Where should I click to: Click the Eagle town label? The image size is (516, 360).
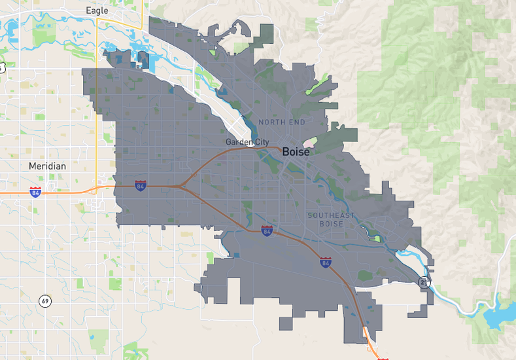pos(97,10)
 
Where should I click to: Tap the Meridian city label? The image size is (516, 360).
pos(47,166)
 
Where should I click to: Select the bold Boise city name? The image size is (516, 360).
pos(296,151)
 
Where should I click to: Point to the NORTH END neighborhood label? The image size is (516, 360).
pos(281,122)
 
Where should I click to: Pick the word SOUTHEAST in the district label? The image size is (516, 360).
pos(331,215)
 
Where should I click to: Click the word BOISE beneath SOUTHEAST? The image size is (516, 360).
pos(331,224)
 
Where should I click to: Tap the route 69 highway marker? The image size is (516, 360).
pos(44,301)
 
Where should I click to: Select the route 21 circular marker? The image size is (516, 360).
pos(424,281)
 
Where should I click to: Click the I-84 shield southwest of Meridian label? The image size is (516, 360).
pos(35,192)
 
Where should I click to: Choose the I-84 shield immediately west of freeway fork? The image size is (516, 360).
pos(140,186)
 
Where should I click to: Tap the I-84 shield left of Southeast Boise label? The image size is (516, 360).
pos(266,230)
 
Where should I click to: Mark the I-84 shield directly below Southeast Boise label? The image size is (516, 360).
pos(325,262)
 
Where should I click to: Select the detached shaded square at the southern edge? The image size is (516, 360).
pos(286,323)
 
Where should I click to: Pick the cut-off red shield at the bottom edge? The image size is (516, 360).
pos(383,357)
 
